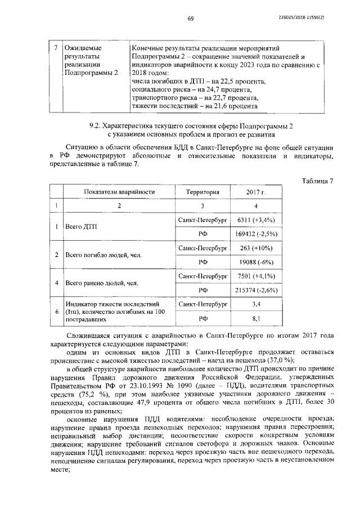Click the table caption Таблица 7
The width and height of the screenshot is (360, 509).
(x=317, y=181)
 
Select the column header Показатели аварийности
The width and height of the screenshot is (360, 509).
(x=119, y=192)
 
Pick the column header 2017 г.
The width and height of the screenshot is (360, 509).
(x=255, y=192)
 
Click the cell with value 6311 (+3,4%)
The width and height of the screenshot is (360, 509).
(x=256, y=219)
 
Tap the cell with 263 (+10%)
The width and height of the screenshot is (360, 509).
(x=255, y=247)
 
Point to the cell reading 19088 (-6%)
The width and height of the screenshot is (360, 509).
(x=256, y=262)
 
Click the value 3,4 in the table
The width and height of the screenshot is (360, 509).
(x=256, y=304)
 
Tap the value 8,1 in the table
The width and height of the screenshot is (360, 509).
(x=256, y=318)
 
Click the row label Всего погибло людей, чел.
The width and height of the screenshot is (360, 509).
(x=103, y=255)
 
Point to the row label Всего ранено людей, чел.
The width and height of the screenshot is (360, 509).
(x=102, y=283)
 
